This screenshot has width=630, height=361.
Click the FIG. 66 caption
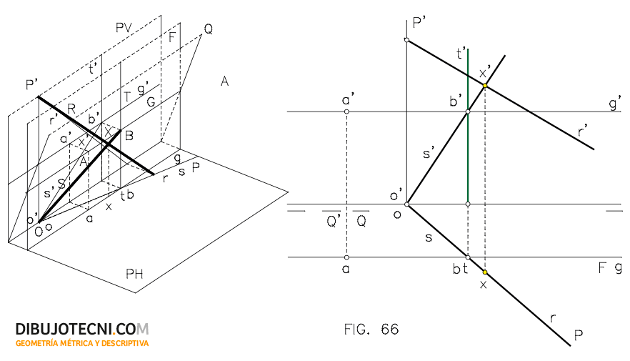point(371,330)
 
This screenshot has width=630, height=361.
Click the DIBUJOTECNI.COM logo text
point(82,330)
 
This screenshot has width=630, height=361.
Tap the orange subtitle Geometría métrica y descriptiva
point(82,344)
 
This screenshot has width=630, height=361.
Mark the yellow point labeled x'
point(485,86)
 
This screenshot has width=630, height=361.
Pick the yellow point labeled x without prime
point(485,272)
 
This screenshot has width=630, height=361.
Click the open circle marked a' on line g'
point(346,112)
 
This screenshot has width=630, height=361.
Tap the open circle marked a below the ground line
point(346,257)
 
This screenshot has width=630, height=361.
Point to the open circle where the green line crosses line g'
point(467,112)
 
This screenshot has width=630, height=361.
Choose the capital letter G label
point(151,102)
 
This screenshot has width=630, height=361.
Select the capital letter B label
point(129,135)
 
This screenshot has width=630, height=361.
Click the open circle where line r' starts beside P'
point(406,40)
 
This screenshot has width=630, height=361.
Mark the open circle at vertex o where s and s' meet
point(406,204)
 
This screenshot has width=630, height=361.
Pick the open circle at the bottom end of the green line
point(467,204)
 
